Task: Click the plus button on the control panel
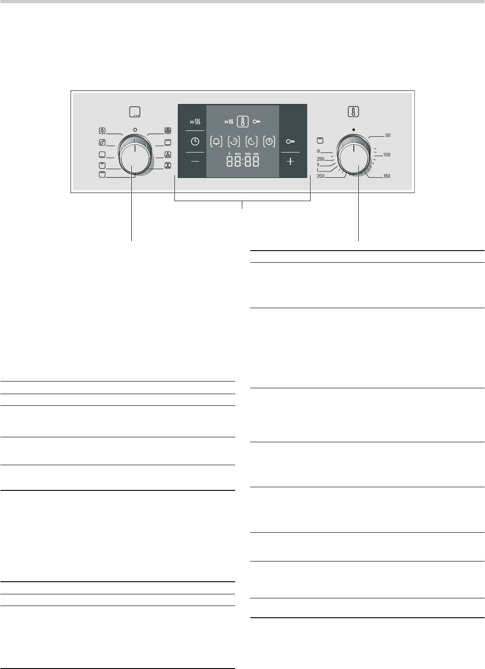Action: point(290,162)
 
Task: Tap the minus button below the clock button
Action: point(195,161)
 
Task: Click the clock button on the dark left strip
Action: point(195,142)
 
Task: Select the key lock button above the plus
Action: point(290,142)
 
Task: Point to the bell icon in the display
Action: point(217,142)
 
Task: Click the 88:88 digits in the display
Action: point(243,162)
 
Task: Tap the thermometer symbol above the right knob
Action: point(353,112)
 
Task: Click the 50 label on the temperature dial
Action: point(387,135)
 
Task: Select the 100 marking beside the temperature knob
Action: point(387,155)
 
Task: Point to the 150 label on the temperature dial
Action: point(387,176)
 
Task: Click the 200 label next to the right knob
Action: point(320,176)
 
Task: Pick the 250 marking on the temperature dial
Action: point(320,159)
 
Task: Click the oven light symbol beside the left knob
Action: point(102,131)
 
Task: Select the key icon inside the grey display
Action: point(257,121)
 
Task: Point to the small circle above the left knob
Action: point(135,129)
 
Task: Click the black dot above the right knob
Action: point(354,129)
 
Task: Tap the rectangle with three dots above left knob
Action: point(134,112)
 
